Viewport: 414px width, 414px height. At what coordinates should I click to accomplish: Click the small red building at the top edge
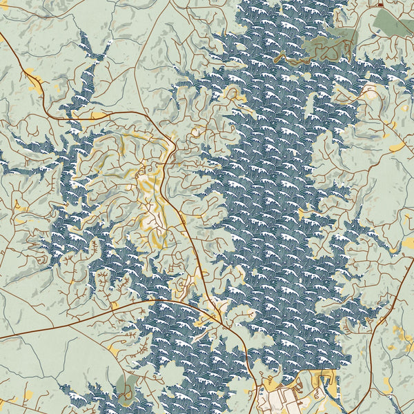point(380,5)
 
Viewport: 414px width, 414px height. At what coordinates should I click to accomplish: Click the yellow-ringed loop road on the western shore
point(103,148)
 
